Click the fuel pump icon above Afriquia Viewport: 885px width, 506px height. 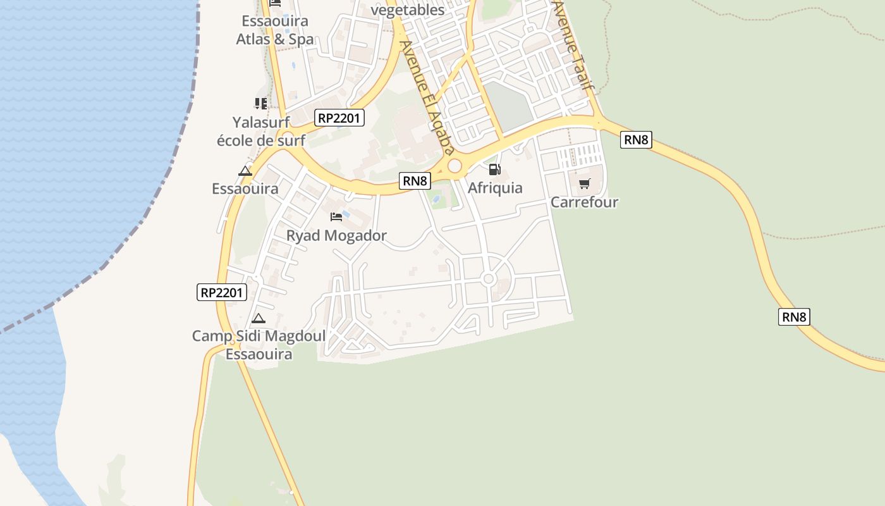494,170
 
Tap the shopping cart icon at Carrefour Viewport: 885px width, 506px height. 584,184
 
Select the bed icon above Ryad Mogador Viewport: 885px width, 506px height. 336,217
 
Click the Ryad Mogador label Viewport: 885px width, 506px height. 336,236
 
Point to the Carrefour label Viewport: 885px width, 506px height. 584,202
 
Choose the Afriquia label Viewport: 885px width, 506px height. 495,188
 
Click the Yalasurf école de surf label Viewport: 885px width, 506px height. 260,131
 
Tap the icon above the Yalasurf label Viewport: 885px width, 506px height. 260,103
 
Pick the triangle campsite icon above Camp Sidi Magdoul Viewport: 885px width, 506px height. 258,319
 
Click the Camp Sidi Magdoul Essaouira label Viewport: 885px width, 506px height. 259,345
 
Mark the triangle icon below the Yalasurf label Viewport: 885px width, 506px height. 245,171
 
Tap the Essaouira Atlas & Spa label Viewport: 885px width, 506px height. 275,30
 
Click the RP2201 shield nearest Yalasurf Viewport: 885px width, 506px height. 339,118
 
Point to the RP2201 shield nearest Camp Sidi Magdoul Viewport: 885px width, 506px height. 222,292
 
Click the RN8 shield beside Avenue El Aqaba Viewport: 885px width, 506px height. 415,181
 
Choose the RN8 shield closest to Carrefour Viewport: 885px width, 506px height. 636,140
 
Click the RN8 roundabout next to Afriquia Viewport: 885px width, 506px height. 455,166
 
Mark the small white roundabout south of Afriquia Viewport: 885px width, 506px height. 488,279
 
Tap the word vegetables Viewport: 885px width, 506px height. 408,9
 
